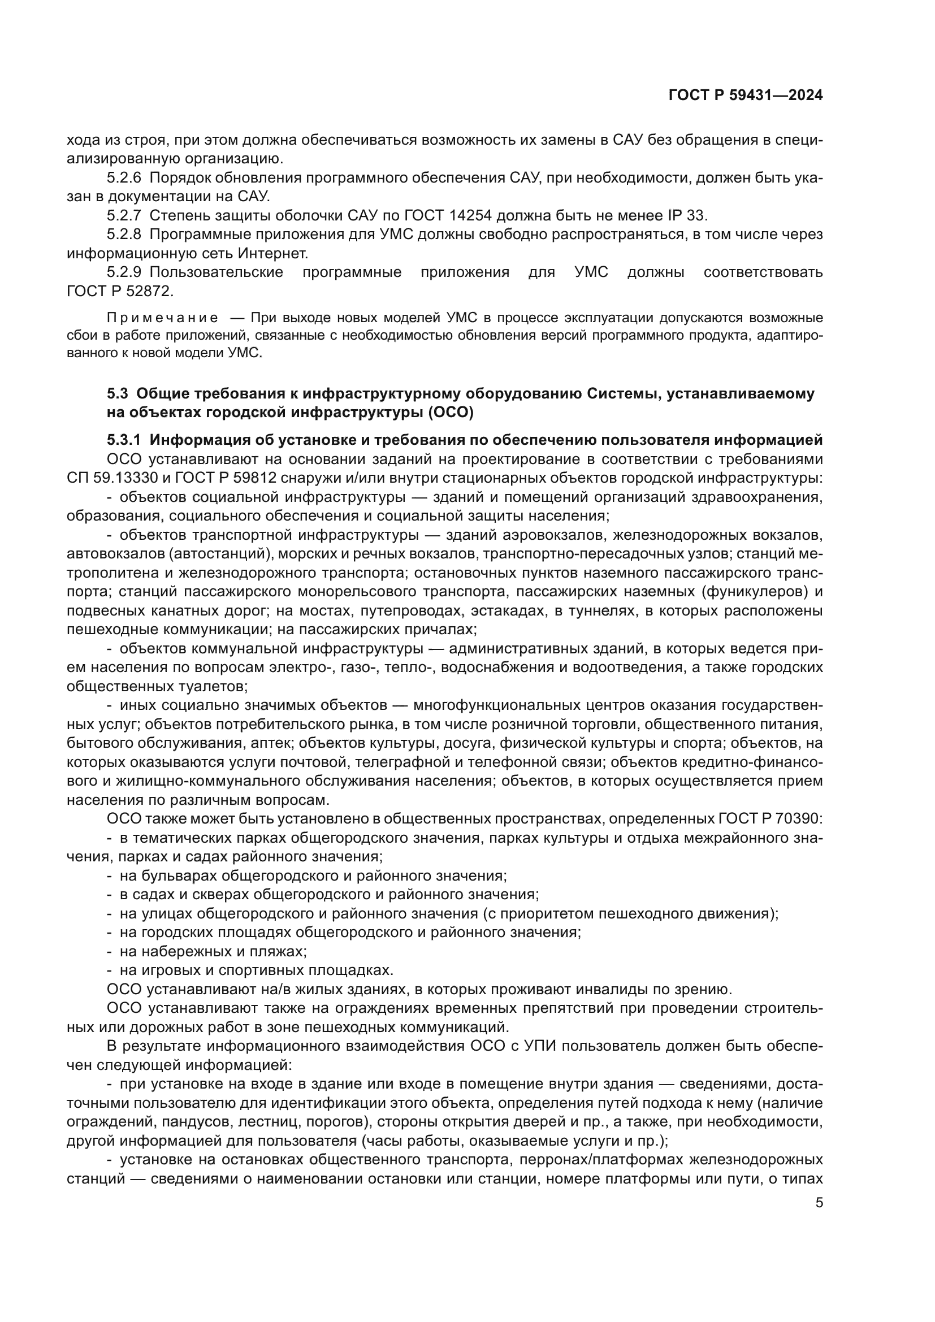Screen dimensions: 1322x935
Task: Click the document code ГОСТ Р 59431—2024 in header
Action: coord(746,96)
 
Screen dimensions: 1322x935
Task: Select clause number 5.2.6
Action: coord(124,178)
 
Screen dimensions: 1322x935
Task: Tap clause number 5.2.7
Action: coord(124,216)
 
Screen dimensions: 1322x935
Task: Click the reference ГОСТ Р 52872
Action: coord(119,291)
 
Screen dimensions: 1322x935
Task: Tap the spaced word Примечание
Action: coord(162,318)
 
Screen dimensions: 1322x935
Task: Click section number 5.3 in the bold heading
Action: coord(118,394)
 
